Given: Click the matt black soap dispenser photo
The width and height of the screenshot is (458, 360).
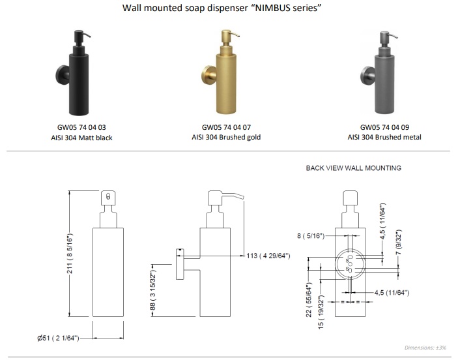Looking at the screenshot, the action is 73,72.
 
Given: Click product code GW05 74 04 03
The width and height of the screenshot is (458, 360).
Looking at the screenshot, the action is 81,127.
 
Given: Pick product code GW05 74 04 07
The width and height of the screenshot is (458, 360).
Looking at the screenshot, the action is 226,127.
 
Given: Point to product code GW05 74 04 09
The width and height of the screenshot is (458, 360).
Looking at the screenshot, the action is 384,127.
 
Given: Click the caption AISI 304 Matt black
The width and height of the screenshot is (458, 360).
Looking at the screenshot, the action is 81,138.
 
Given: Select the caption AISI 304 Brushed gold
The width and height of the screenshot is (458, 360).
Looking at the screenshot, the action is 226,137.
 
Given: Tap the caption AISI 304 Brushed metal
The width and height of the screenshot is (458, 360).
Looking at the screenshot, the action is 384,137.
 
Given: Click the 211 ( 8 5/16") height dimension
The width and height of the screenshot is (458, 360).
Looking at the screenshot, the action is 70,254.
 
